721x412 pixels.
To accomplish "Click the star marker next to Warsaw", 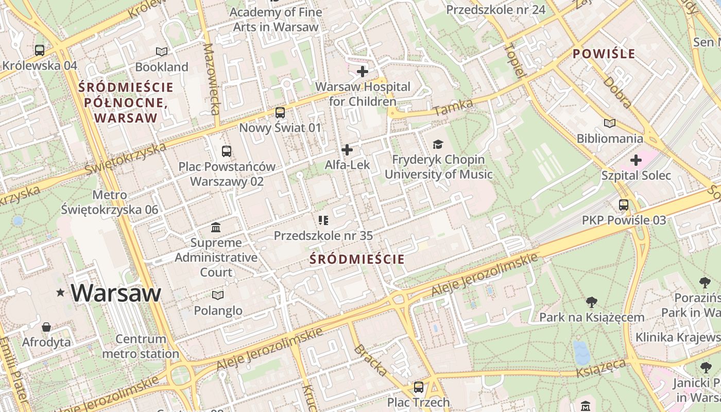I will coord(61,293).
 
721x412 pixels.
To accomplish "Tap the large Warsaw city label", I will coord(116,293).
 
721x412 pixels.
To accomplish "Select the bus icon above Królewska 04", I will coord(40,50).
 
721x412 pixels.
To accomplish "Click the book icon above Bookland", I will coord(162,51).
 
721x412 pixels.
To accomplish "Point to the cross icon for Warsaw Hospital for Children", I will coord(363,71).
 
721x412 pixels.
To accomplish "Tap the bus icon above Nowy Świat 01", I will coord(280,112).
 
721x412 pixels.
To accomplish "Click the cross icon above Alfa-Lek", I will coord(347,150).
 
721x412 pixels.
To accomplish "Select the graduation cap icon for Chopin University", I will coord(438,144).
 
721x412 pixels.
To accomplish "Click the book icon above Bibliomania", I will coord(610,124).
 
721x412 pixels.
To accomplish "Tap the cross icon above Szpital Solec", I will coord(636,160).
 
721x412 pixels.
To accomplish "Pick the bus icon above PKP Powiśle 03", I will coord(624,205).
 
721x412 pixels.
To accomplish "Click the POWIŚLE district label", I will coord(604,54).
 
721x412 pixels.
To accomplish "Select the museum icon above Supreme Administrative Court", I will coord(216,227).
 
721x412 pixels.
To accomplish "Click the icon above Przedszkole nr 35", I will coord(323,220).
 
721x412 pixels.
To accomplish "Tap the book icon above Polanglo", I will coord(218,295).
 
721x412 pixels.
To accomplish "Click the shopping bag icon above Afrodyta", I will coord(46,327).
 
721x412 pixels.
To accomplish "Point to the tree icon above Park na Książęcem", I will coord(591,302).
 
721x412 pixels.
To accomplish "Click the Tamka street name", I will coord(453,107).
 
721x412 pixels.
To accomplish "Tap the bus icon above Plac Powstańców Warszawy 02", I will coord(227,151).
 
